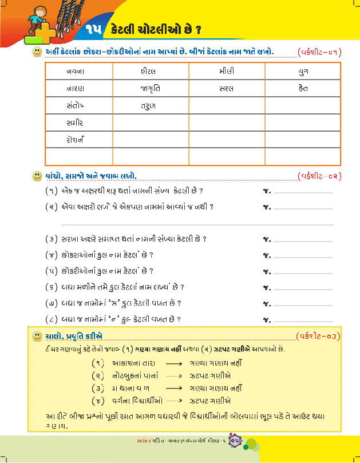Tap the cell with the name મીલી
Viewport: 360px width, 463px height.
[x=226, y=72]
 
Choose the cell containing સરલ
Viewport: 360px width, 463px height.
[x=226, y=89]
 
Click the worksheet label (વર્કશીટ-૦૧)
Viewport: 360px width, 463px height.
[x=319, y=52]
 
